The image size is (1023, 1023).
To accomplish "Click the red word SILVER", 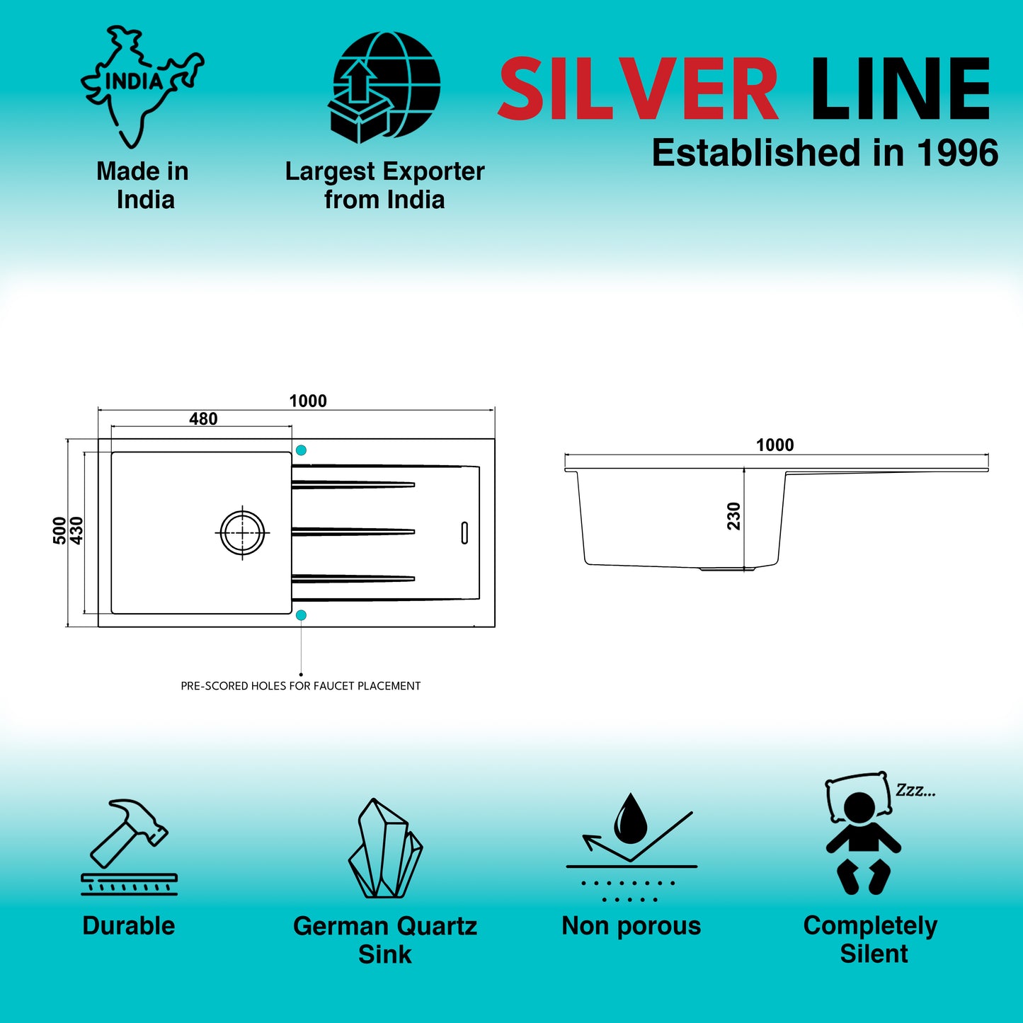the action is point(639,88).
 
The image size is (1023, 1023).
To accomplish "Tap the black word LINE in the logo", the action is point(901,88).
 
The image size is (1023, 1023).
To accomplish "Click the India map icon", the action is point(142,86).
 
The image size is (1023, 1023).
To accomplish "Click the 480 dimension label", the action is point(203,419).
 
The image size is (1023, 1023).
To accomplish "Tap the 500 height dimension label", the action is point(59,530).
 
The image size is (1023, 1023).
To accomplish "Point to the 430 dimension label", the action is point(76,530).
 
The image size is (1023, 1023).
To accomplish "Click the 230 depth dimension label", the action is point(733,516).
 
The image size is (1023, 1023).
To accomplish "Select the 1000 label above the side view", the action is point(775,445).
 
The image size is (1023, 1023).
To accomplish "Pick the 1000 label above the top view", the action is point(308,401).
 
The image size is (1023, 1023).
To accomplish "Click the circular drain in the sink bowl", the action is point(243,532).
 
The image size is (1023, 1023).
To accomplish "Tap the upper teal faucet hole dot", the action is point(301,450).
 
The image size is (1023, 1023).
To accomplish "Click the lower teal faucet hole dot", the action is point(301,615).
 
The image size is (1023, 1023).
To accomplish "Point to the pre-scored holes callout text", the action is point(300,686).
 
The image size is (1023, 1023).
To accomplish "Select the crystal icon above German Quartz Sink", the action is point(385,848).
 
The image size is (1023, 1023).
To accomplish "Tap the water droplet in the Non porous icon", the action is point(631,818).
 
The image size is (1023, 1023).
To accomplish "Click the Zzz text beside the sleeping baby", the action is point(916,791).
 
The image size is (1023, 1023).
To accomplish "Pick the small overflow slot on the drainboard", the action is point(464,533).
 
